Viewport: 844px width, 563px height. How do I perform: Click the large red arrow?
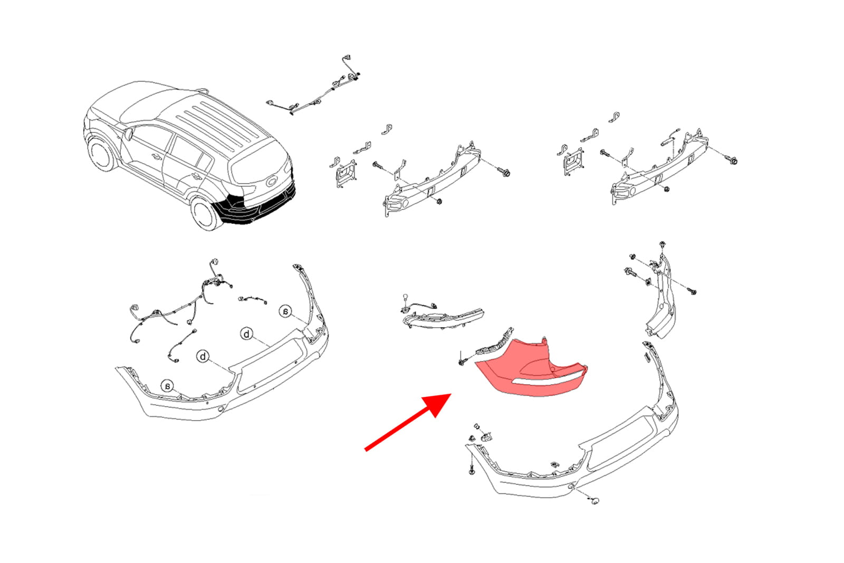(408, 422)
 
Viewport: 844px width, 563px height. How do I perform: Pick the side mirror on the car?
(129, 134)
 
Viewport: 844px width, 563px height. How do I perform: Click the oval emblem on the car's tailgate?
(272, 182)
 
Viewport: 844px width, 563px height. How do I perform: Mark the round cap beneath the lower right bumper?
(595, 501)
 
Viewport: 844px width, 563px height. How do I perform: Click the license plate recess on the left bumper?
(271, 364)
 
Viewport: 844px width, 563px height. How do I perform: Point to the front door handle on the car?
(155, 156)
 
